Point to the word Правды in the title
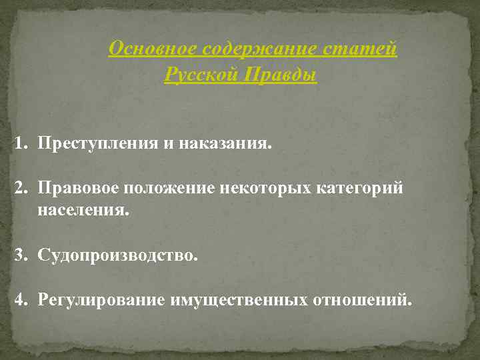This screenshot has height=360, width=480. [280, 75]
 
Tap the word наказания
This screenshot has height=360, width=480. [226, 144]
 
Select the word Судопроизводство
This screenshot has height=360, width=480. [118, 255]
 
